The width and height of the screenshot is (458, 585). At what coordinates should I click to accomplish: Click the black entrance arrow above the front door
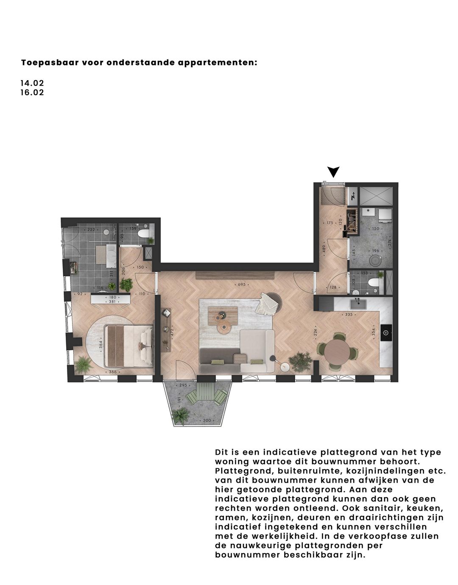(x=334, y=172)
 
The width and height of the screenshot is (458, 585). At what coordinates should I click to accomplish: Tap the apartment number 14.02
(x=32, y=83)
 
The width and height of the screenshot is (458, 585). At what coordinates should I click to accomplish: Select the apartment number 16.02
(x=32, y=93)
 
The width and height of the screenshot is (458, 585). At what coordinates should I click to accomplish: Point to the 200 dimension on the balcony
(x=207, y=420)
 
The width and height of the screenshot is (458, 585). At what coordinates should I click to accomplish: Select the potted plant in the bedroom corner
(x=83, y=364)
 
